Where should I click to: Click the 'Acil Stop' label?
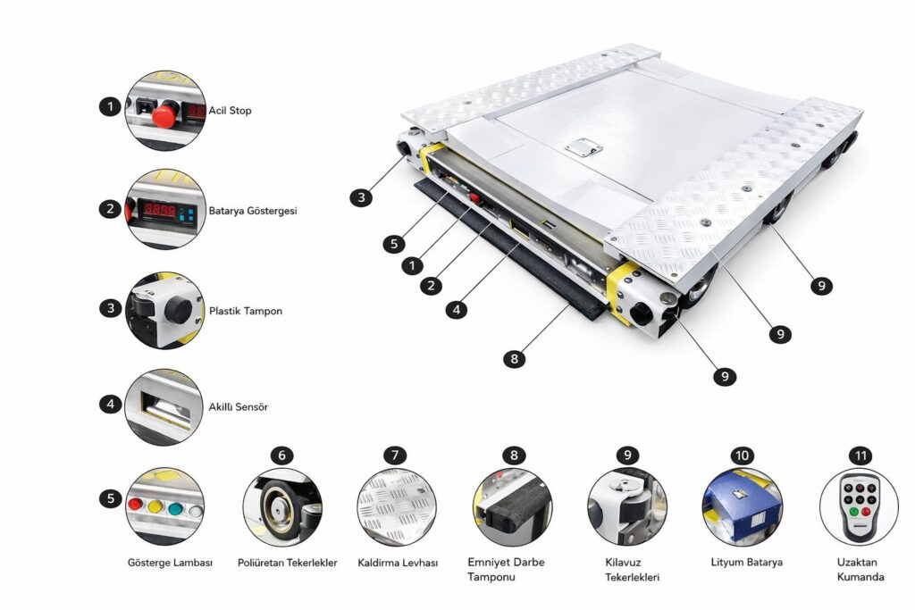click(x=230, y=110)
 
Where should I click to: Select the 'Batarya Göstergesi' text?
click(x=253, y=211)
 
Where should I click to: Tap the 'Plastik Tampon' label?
click(x=246, y=311)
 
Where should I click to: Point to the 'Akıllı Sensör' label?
click(x=238, y=406)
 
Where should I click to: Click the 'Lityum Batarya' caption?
click(x=746, y=562)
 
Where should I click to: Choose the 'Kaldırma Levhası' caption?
click(x=398, y=563)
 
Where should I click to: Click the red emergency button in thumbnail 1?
click(x=165, y=115)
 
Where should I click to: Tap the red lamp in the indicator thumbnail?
click(x=136, y=505)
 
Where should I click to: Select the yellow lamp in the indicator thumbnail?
click(x=155, y=506)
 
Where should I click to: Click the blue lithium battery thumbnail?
click(x=743, y=507)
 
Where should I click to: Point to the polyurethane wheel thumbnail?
click(x=282, y=507)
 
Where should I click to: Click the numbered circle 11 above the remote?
click(x=860, y=455)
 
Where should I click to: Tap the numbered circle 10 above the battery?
click(x=743, y=455)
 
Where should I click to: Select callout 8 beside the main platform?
click(x=514, y=359)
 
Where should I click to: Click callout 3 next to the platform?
click(x=361, y=197)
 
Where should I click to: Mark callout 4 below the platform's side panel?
click(x=457, y=309)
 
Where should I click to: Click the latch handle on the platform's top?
click(x=584, y=147)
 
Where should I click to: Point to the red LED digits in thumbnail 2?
click(x=159, y=209)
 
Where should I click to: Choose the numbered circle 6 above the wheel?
click(x=282, y=455)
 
